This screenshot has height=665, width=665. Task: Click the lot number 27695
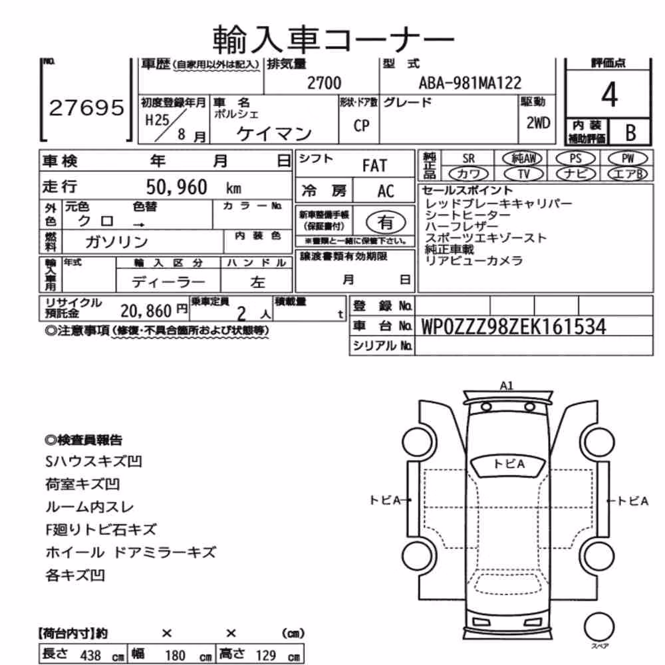[x=86, y=108]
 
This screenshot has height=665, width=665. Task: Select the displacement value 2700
[x=324, y=82]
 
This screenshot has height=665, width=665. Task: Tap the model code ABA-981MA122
[x=470, y=82]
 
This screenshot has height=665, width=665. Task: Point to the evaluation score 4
[x=609, y=94]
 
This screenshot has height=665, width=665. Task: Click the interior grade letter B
[x=630, y=132]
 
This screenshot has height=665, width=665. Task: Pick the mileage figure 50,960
[x=176, y=187]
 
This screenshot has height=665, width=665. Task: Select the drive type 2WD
[x=538, y=123]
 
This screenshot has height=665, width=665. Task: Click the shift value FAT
[x=374, y=166]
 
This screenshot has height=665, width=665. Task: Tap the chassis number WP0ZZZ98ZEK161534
[x=513, y=327]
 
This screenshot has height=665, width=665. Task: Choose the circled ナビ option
[x=575, y=174]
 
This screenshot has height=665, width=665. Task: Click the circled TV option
[x=523, y=174]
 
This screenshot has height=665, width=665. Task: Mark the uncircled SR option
[x=468, y=159]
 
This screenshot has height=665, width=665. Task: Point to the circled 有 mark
[x=386, y=222]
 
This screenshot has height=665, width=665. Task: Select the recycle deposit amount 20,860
[x=146, y=311]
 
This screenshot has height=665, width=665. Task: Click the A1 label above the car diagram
[x=506, y=386]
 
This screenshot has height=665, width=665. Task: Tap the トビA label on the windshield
[x=509, y=464]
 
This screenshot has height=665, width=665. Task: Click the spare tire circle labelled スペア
[x=599, y=627]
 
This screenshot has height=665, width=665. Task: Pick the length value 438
[x=90, y=655]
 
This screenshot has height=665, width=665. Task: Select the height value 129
[x=266, y=655]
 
